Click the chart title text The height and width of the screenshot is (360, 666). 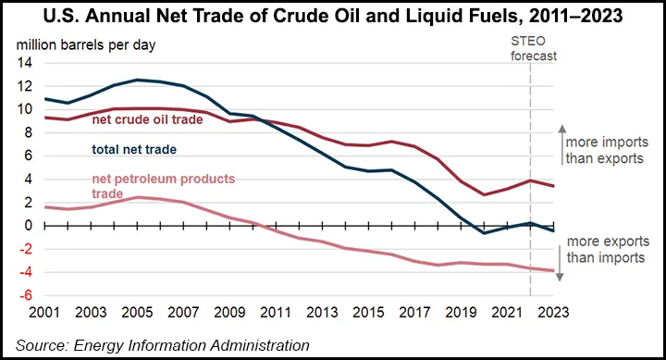click(332, 16)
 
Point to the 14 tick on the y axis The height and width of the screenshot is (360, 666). click(24, 63)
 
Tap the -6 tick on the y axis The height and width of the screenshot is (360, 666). click(24, 294)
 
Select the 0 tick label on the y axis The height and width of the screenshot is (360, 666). click(28, 225)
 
